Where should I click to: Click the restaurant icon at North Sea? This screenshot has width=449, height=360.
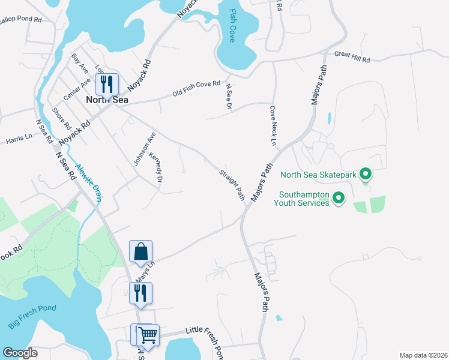(107, 83)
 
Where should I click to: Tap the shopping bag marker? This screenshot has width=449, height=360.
(141, 251)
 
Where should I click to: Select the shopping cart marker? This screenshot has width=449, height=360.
(148, 334)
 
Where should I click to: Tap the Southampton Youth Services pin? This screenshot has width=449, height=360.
(339, 197)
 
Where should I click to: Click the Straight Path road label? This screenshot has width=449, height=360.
(232, 184)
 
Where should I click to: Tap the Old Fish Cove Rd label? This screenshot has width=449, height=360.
(196, 89)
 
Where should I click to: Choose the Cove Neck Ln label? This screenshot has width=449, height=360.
(273, 126)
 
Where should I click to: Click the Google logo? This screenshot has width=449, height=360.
(20, 352)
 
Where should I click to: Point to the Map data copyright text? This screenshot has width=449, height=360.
(423, 355)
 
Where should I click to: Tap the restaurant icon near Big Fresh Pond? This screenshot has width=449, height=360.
(141, 293)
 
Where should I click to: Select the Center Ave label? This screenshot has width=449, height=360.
(77, 89)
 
